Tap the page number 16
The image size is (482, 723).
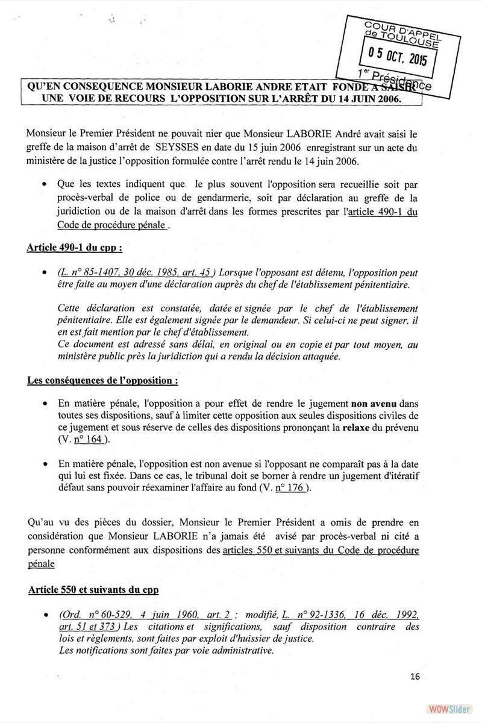(415, 676)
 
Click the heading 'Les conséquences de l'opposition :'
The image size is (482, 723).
(103, 381)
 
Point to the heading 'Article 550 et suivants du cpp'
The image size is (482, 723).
(93, 590)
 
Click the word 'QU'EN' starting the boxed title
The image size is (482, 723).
(48, 86)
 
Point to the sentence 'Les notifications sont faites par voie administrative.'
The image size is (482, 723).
(166, 651)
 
